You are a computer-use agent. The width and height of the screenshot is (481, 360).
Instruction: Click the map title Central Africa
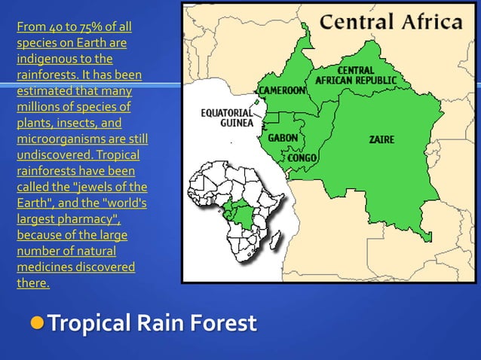pyautogui.click(x=392, y=21)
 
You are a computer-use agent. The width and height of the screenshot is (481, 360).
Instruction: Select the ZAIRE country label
pyautogui.click(x=381, y=140)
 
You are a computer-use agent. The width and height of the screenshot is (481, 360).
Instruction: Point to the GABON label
pyautogui.click(x=283, y=139)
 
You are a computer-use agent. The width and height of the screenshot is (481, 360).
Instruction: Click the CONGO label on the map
pyautogui.click(x=302, y=157)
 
